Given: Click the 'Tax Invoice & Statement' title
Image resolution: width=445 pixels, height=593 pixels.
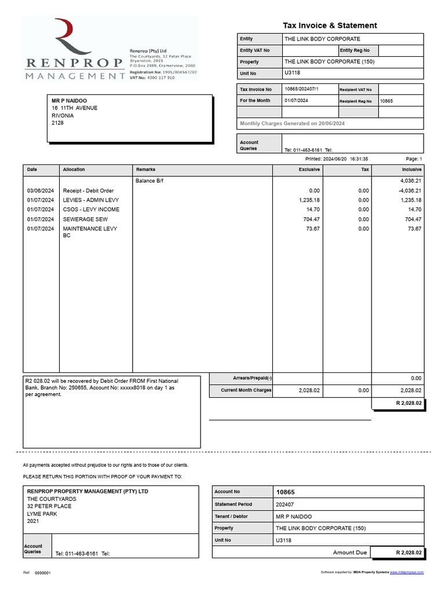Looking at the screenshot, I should (329, 25).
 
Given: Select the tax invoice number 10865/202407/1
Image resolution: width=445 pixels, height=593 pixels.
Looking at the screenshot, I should (302, 89).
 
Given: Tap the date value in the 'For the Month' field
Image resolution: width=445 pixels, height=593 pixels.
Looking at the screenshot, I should (296, 101).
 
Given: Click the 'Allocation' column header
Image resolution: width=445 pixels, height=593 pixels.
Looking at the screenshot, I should (74, 170).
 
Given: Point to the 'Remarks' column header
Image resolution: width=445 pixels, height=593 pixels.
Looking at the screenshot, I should (145, 170).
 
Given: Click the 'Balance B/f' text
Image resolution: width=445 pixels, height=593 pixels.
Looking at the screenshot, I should (149, 181).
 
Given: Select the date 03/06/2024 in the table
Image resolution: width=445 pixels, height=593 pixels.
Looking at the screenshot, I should (41, 191).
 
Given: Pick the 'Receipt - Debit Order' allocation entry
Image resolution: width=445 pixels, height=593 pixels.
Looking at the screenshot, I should (88, 191).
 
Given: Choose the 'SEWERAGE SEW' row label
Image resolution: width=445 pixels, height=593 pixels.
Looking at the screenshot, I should (85, 219).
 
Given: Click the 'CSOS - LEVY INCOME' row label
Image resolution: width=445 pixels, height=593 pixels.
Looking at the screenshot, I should (91, 210).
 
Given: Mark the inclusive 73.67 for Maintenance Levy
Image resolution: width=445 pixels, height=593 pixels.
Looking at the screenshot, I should (414, 229).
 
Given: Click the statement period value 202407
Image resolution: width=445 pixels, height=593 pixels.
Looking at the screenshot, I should (284, 504).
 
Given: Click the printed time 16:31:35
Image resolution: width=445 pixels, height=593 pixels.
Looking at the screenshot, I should (359, 159).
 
